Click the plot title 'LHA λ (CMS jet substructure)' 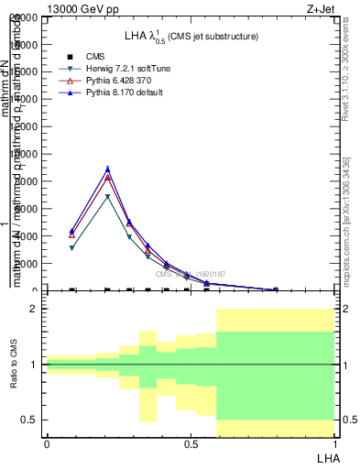click(x=191, y=36)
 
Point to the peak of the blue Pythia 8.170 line click(x=108, y=169)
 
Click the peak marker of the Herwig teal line click(x=108, y=197)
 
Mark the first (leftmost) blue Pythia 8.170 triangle click(x=72, y=231)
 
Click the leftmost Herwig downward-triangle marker click(x=72, y=248)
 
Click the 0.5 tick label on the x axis click(x=190, y=444)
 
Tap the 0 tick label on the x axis click(x=46, y=444)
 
